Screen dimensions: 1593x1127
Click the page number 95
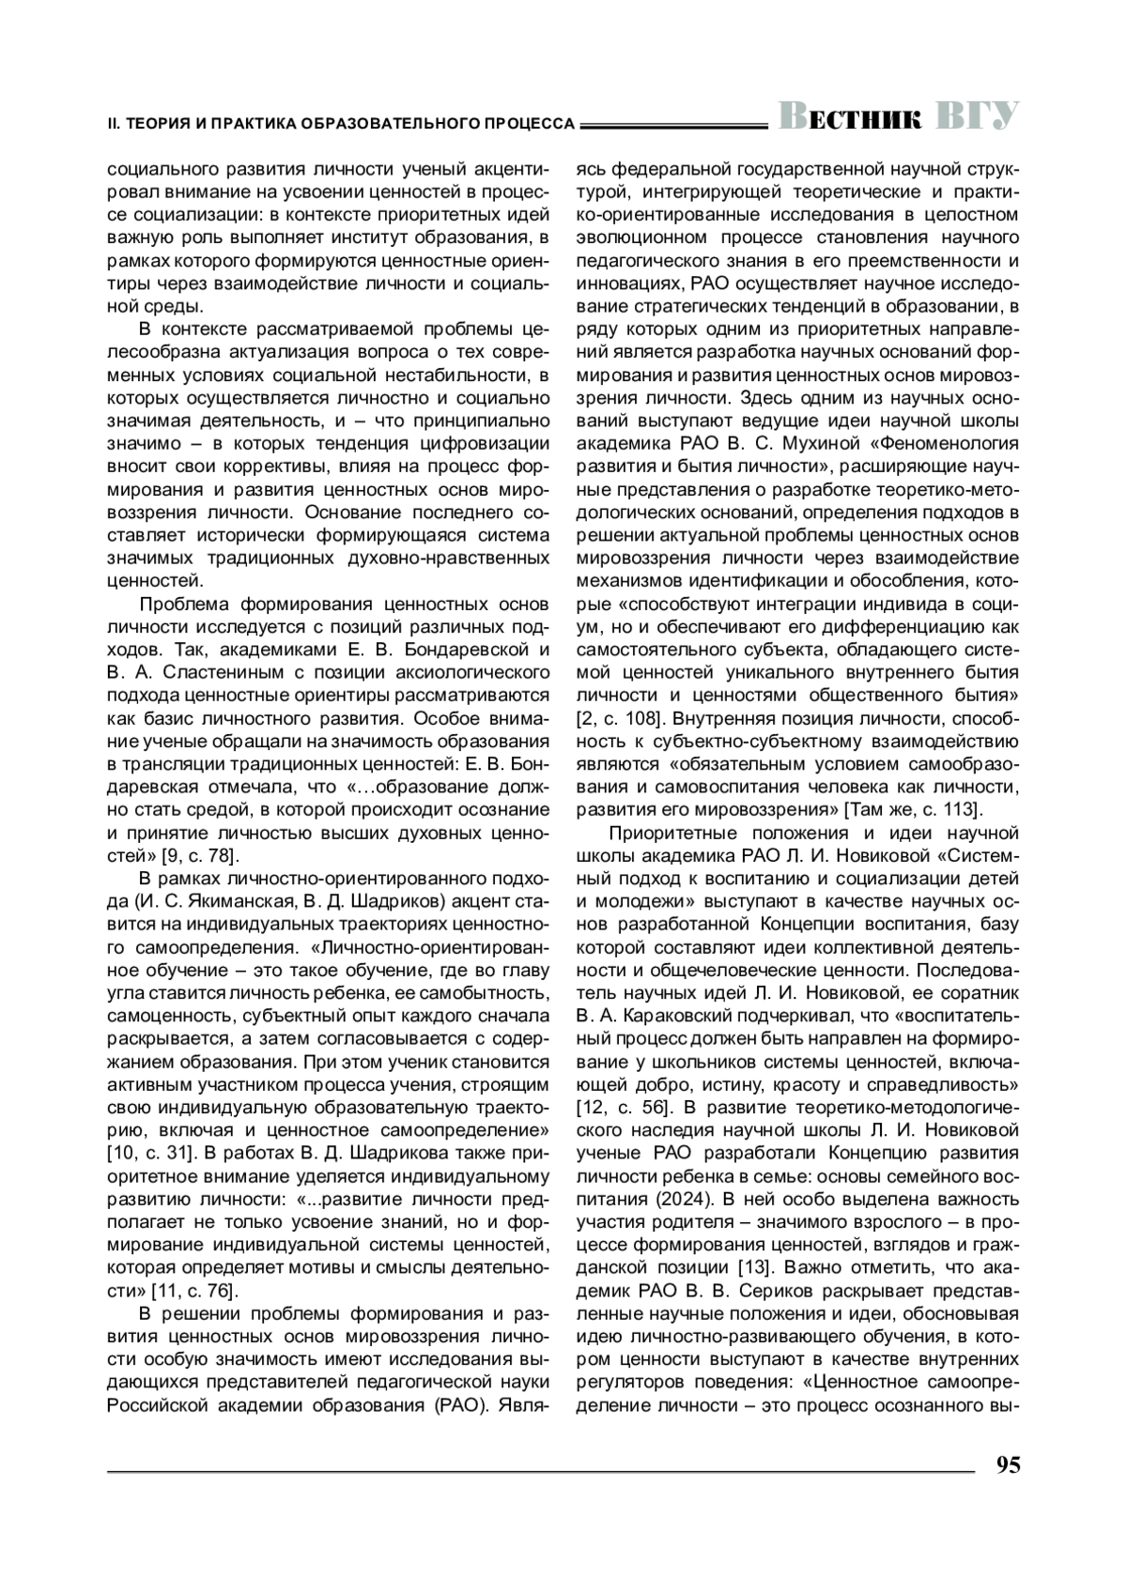[x=1007, y=1465]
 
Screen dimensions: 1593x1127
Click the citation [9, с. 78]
[x=198, y=855]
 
